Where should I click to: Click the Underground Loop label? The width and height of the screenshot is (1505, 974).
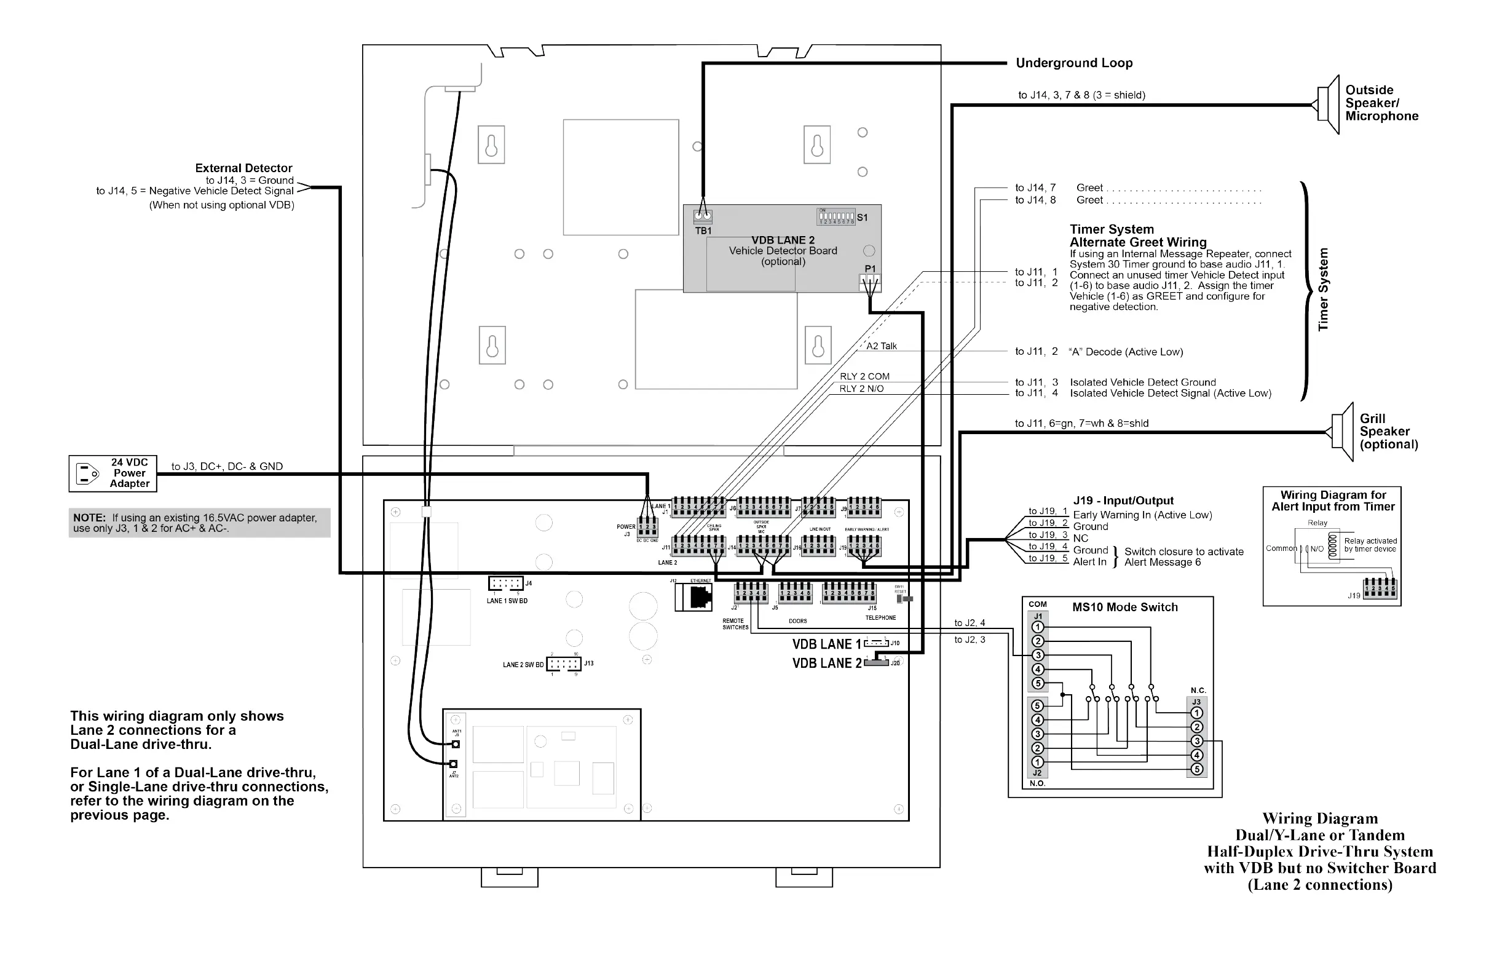point(1074,63)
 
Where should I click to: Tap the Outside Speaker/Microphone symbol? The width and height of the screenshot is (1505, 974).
point(1329,105)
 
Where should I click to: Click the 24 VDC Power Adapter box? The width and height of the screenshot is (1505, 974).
point(113,473)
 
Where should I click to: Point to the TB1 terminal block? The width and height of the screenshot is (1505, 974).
point(703,216)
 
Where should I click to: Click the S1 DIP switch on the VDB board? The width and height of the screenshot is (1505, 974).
point(836,217)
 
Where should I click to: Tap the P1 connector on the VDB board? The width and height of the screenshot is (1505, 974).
point(870,282)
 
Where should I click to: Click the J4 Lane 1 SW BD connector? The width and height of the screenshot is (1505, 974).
point(505,583)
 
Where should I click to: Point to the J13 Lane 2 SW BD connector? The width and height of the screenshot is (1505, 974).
point(563,664)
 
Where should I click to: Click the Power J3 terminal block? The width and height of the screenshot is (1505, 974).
point(647,527)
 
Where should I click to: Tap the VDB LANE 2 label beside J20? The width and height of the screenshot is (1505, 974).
point(826,663)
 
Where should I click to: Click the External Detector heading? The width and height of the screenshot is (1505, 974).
point(243,168)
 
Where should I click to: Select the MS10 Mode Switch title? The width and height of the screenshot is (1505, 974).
point(1124,607)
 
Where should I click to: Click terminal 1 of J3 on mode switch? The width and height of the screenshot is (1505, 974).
point(1196,713)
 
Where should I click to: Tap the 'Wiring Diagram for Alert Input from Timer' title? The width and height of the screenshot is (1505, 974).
point(1332,501)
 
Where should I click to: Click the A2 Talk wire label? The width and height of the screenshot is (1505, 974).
point(882,346)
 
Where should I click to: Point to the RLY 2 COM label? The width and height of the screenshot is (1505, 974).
point(864,376)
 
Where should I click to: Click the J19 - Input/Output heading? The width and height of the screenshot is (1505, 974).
point(1123,501)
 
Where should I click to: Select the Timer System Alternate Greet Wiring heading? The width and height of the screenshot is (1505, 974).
point(1137,236)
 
